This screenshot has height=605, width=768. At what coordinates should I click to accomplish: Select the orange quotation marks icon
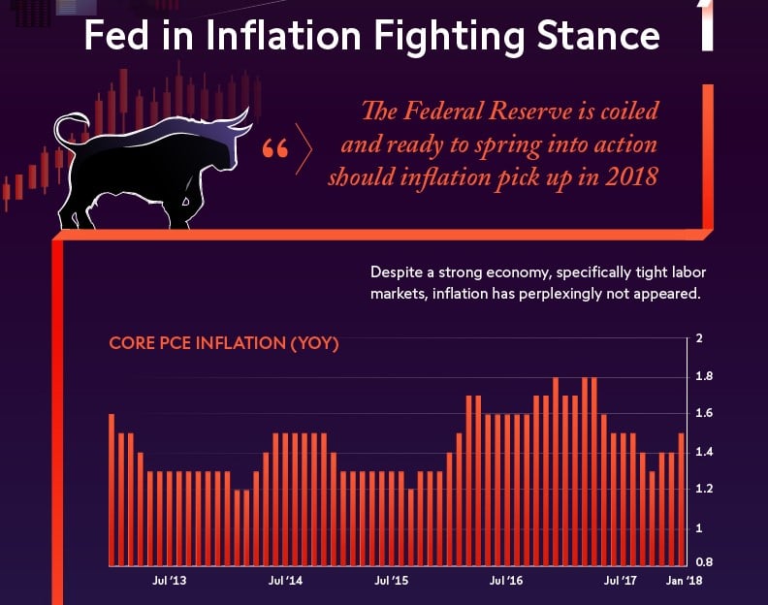point(275,150)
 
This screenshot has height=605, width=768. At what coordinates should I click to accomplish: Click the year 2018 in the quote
point(631,178)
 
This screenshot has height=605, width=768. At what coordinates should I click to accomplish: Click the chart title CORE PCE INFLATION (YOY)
point(223,343)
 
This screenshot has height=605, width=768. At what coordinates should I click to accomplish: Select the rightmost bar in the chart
point(682,499)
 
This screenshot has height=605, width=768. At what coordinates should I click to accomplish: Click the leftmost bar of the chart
point(112,490)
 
